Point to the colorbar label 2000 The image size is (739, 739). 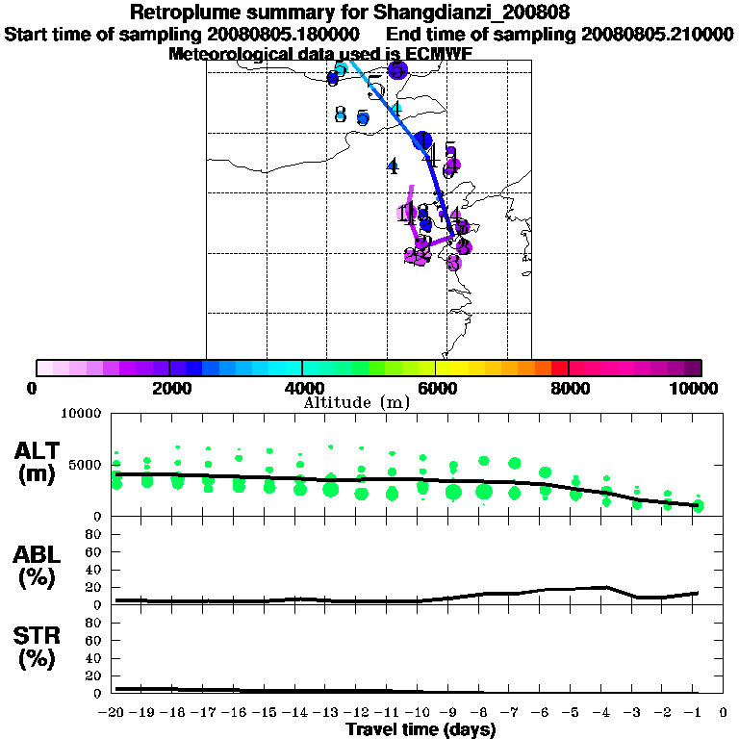[x=169, y=388]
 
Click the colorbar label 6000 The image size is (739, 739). [x=436, y=388]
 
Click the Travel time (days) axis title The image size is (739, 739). [x=420, y=730]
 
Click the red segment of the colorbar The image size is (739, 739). [x=559, y=368]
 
